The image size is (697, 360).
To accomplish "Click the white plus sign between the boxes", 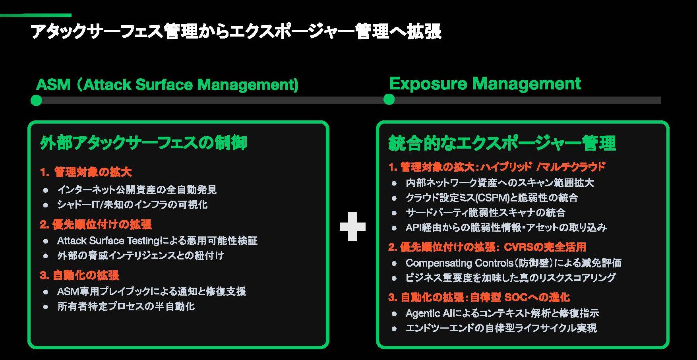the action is pyautogui.click(x=352, y=226).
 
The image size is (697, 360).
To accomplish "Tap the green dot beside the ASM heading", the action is pyautogui.click(x=36, y=100).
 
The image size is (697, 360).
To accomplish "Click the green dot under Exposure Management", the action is pyautogui.click(x=389, y=99).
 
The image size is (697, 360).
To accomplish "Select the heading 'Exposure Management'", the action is pyautogui.click(x=485, y=84).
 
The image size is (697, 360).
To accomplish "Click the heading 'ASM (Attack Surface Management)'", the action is pyautogui.click(x=167, y=85).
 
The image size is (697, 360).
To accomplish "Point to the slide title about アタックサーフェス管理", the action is pyautogui.click(x=236, y=32).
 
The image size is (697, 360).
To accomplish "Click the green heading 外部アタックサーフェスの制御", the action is pyautogui.click(x=143, y=143).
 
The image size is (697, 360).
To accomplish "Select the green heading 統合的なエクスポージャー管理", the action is pyautogui.click(x=502, y=143).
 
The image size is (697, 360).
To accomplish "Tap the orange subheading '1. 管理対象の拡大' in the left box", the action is pyautogui.click(x=86, y=172).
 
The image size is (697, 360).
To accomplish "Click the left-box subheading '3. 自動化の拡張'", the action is pyautogui.click(x=79, y=275).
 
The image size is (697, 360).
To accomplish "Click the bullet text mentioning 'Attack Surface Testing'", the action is pyautogui.click(x=157, y=241).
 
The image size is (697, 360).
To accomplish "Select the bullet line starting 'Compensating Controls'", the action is pyautogui.click(x=513, y=263).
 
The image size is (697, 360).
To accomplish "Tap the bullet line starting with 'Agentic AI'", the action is pyautogui.click(x=502, y=313).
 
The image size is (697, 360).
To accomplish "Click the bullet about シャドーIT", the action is pyautogui.click(x=132, y=205).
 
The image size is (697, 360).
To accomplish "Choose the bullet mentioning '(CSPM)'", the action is pyautogui.click(x=492, y=197).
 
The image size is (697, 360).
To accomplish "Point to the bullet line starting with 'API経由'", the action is pyautogui.click(x=506, y=228).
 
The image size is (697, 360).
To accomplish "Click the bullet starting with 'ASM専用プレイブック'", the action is pyautogui.click(x=151, y=292).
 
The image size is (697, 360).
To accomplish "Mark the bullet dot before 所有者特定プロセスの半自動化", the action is pyautogui.click(x=46, y=307).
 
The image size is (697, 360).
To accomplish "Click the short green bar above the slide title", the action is pyautogui.click(x=36, y=15).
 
